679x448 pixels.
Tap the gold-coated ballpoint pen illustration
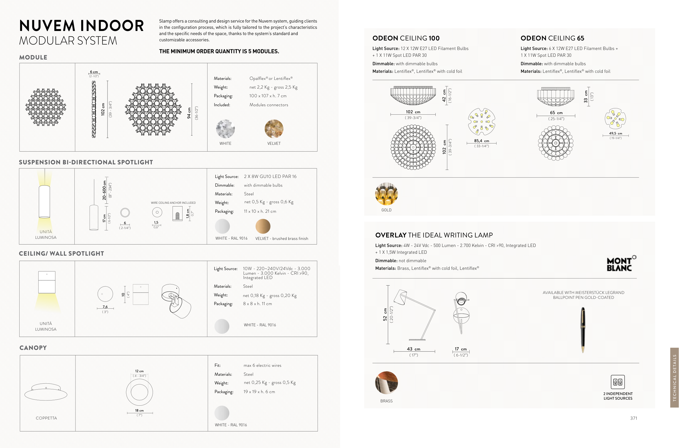point(583,330)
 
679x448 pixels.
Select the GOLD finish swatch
point(386,194)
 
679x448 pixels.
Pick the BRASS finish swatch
point(386,383)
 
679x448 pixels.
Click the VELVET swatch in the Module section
point(274,129)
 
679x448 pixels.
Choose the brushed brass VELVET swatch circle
point(263,226)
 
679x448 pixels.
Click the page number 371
point(634,418)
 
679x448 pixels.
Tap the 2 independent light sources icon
point(618,382)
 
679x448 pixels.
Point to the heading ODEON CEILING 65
point(552,38)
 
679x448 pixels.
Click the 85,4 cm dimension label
point(481,141)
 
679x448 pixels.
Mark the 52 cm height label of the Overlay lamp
point(385,314)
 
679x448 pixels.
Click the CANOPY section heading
point(33,348)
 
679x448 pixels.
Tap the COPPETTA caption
point(46,418)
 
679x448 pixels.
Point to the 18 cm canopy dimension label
point(139,411)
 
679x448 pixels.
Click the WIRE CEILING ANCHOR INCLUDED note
point(173,203)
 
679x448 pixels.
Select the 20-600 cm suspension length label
point(104,190)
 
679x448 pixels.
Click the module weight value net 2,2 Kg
point(259,87)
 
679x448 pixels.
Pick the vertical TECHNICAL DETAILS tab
point(674,377)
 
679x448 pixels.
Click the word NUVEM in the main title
point(47,26)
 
